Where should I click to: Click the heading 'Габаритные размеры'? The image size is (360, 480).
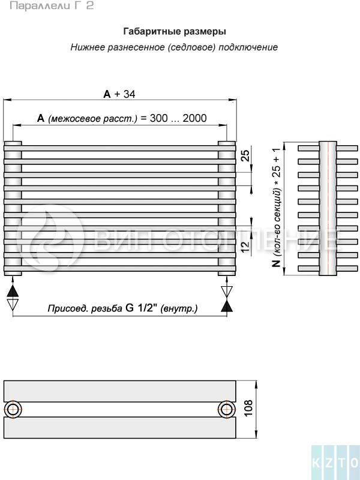(x=175, y=32)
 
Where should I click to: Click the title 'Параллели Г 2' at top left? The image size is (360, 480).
(x=52, y=5)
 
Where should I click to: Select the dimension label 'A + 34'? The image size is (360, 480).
(x=119, y=94)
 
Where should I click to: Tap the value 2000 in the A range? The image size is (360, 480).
(x=194, y=118)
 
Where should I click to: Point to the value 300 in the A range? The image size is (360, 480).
(x=158, y=118)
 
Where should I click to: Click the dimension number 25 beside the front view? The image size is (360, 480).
(x=245, y=155)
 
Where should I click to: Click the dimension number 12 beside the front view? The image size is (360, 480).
(x=245, y=246)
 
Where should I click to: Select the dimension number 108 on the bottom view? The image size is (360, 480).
(x=248, y=408)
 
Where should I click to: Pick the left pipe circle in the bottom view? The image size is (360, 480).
(x=13, y=409)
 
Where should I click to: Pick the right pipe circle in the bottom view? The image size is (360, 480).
(x=227, y=409)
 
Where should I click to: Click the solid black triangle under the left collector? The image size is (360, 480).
(x=13, y=291)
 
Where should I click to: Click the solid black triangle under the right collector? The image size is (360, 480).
(x=227, y=306)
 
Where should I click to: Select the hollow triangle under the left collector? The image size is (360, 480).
(x=13, y=305)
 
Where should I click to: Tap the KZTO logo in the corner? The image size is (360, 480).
(x=335, y=462)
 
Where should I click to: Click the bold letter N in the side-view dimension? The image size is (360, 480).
(x=276, y=263)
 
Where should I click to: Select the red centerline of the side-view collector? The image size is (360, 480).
(x=328, y=208)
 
